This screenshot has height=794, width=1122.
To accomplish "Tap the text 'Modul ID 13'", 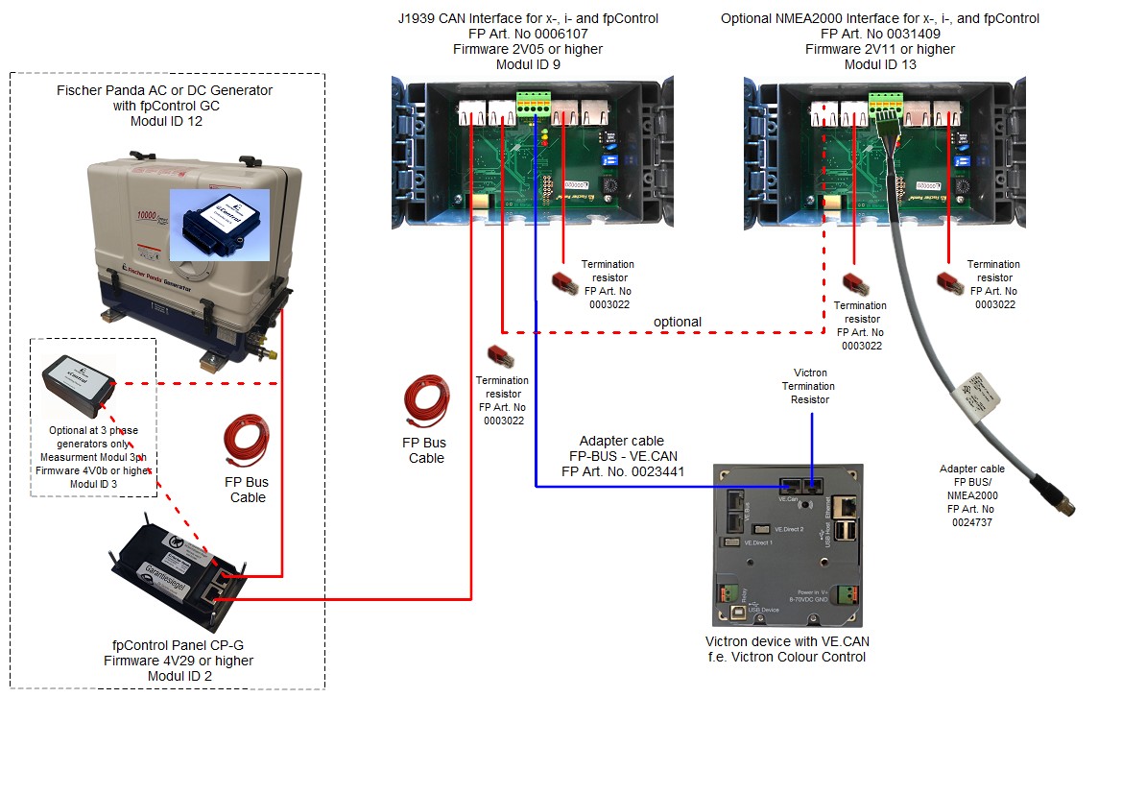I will pos(879,64).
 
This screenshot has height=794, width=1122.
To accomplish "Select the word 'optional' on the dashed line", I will pos(677,322).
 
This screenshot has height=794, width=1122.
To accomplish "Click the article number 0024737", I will pos(972,523).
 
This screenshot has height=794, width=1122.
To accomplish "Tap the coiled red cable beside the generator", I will pos(246,441).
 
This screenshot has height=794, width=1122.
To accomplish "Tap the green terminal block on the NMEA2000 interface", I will pos(886,102).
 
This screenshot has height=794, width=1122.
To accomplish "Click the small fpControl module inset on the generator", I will pos(219,224).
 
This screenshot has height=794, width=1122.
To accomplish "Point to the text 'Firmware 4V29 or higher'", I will pos(179,661).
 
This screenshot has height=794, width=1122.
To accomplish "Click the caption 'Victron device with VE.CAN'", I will pos(786,641).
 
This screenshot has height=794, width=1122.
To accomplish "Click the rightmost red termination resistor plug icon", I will pos(948,279).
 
